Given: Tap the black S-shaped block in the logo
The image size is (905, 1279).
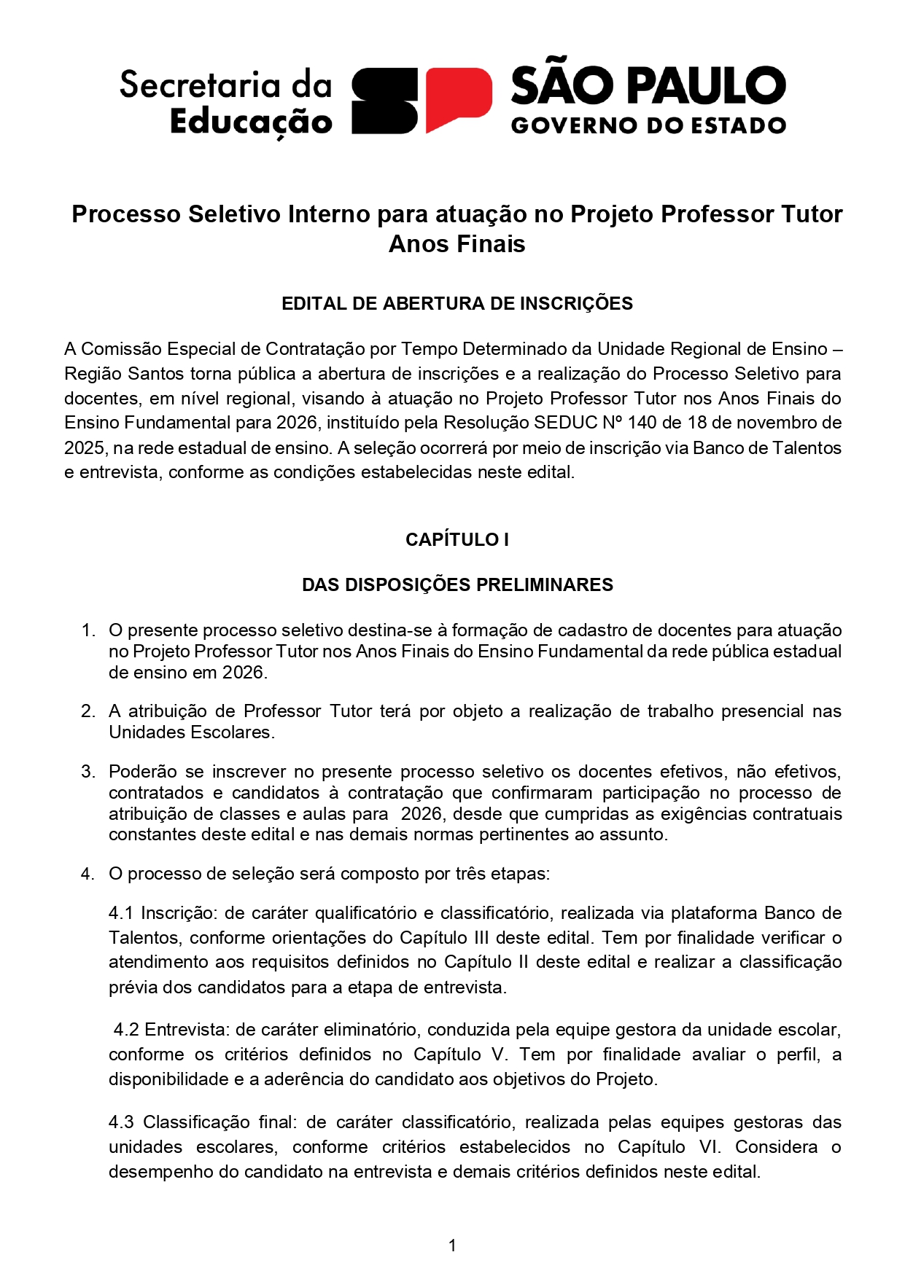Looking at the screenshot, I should click(385, 101).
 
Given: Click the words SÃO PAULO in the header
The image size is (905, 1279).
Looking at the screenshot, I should click(648, 86).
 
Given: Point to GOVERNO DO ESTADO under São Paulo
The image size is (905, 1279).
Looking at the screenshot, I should click(648, 126).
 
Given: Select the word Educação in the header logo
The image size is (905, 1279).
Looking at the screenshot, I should click(251, 122).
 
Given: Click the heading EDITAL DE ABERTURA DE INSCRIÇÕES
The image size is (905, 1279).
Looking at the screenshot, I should click(457, 304).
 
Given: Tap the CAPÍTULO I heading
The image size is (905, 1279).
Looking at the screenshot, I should click(457, 540).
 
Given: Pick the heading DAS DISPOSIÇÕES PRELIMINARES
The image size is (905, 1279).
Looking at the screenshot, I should click(457, 585).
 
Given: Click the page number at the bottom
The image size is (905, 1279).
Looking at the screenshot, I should click(452, 1245).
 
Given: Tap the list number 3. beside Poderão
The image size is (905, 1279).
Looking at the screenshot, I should click(88, 772).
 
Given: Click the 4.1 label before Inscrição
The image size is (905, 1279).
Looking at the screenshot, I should click(121, 913).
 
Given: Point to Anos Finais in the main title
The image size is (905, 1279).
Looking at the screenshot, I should click(457, 243).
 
